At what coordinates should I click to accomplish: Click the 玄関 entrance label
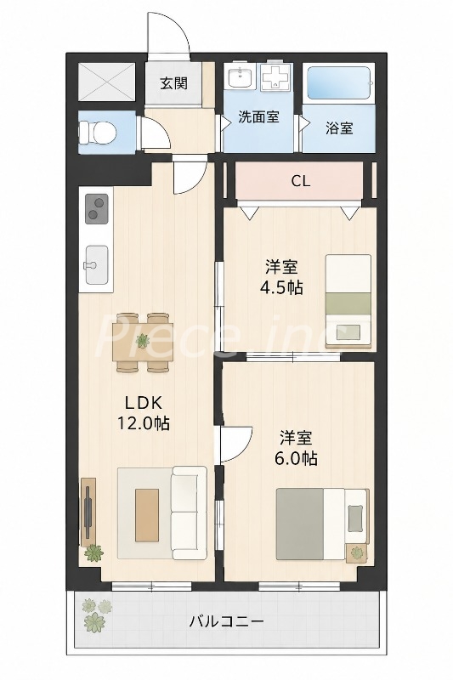174,82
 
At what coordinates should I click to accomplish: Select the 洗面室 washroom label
258,116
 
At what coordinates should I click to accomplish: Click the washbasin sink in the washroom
240,76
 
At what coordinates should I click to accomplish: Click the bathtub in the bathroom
338,82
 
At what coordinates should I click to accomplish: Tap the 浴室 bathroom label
339,128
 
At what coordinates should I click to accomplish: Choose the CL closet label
300,181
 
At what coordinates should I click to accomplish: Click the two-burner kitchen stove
97,208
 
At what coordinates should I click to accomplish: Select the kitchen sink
97,265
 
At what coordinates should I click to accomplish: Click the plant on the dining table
142,342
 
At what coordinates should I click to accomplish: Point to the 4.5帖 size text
282,288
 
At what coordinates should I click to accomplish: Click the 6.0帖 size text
296,457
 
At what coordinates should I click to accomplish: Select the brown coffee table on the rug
147,515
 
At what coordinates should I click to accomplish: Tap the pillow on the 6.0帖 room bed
355,518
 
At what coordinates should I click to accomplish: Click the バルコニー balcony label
226,622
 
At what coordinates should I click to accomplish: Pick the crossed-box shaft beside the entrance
107,82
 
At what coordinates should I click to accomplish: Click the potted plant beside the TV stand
93,553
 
